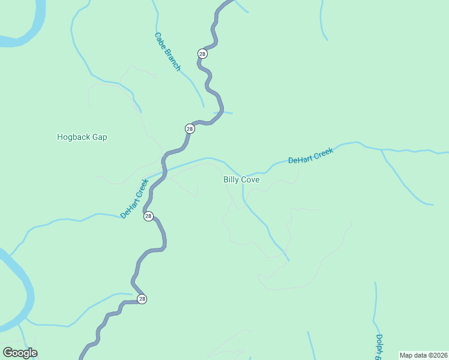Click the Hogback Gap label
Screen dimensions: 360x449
82,137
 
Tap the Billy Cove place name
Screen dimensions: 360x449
241,179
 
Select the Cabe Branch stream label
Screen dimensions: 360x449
167,52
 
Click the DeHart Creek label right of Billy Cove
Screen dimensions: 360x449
310,156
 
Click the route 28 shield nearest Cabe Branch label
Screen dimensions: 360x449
202,53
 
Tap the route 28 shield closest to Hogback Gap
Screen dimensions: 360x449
190,128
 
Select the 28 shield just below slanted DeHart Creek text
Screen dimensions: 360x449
148,217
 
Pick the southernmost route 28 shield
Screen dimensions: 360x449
142,299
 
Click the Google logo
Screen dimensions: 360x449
20,353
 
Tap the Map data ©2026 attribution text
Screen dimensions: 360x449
424,355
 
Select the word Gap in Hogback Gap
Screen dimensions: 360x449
100,137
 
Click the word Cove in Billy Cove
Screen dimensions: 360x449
250,179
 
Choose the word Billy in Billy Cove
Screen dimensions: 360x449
231,179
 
